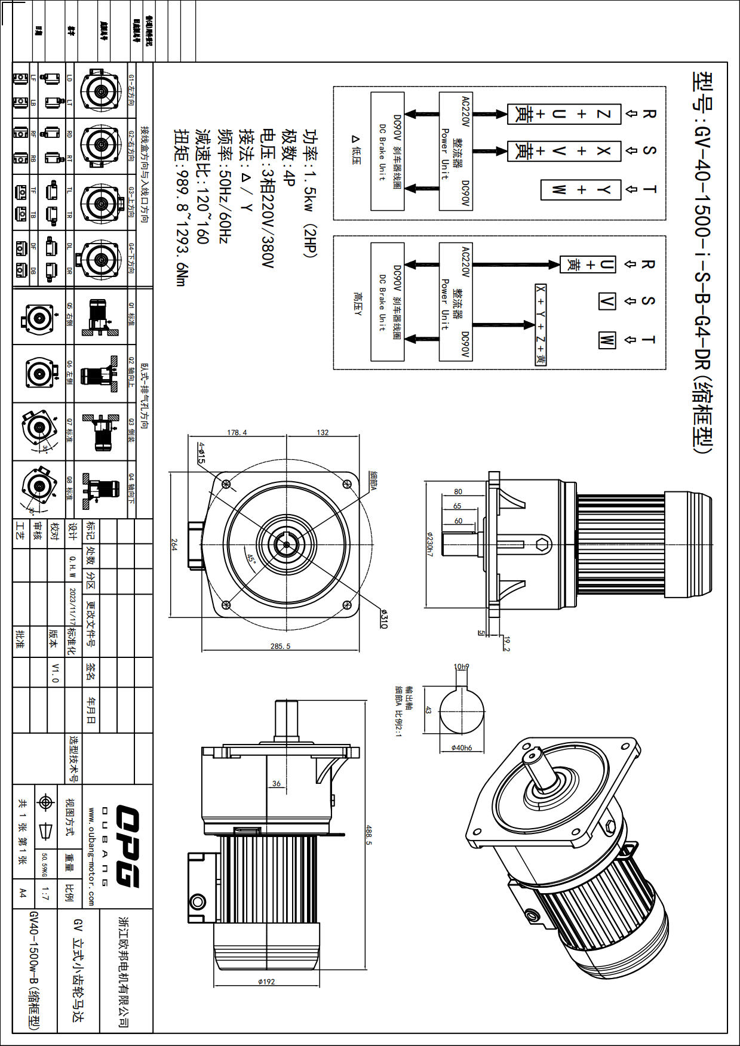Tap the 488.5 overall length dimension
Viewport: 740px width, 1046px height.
(369, 835)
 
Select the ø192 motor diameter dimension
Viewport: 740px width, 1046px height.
(266, 982)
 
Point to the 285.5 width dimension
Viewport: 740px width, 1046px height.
(280, 646)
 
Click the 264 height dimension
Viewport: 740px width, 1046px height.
(174, 544)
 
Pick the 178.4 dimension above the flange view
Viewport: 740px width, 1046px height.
(237, 432)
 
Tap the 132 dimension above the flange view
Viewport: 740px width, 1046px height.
(323, 432)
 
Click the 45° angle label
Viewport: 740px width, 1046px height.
(251, 559)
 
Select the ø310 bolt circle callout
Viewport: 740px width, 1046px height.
(383, 619)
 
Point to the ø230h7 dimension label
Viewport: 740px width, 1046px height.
(429, 544)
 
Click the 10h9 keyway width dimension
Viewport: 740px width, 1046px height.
(461, 666)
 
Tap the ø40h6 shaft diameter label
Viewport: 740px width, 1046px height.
(461, 747)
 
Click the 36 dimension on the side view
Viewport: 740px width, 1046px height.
(276, 783)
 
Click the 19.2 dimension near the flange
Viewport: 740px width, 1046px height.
(507, 644)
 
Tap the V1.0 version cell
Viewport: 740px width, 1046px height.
(55, 672)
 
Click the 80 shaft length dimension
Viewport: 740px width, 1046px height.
(458, 491)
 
